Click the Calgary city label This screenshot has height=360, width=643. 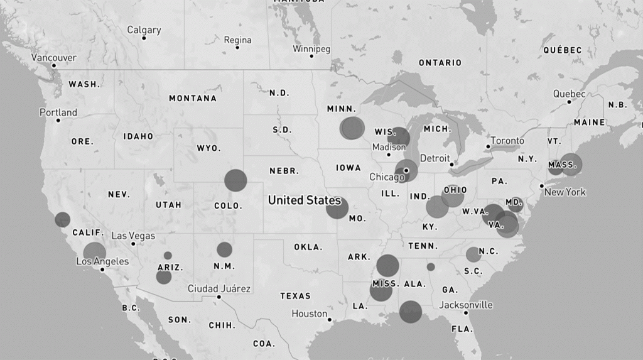pyautogui.click(x=144, y=30)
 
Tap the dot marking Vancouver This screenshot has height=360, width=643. pyautogui.click(x=53, y=65)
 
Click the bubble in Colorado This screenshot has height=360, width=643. pyautogui.click(x=235, y=180)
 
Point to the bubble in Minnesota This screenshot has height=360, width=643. pyautogui.click(x=352, y=128)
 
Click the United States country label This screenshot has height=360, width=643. pyautogui.click(x=304, y=200)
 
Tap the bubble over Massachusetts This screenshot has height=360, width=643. pyautogui.click(x=571, y=164)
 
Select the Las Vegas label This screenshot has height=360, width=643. pyautogui.click(x=133, y=236)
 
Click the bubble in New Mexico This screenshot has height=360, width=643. pyautogui.click(x=224, y=249)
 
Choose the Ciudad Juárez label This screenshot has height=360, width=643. pyautogui.click(x=219, y=288)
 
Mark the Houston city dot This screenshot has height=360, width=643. pyautogui.click(x=330, y=319)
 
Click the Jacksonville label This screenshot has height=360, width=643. pyautogui.click(x=466, y=305)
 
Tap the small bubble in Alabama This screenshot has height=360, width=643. pyautogui.click(x=431, y=267)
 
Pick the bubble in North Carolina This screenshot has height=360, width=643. pyautogui.click(x=473, y=254)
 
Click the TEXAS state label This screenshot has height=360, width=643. pyautogui.click(x=295, y=295)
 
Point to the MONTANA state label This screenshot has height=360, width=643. pyautogui.click(x=192, y=98)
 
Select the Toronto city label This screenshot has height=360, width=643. pyautogui.click(x=507, y=140)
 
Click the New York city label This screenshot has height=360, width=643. pyautogui.click(x=565, y=192)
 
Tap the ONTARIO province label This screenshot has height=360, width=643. pyautogui.click(x=440, y=62)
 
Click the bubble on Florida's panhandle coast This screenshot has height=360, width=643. pyautogui.click(x=411, y=312)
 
